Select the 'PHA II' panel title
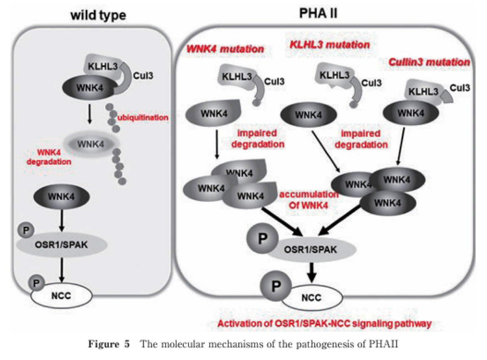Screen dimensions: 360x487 [318, 14]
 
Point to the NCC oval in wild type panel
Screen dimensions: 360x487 [61, 296]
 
